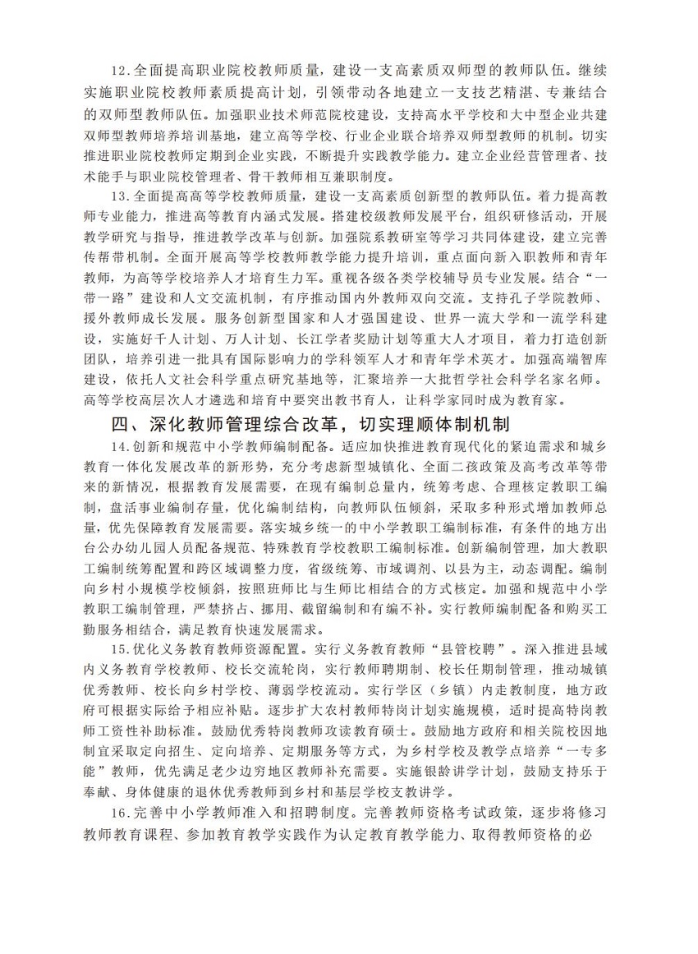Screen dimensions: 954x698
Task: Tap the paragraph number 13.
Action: coord(121,196)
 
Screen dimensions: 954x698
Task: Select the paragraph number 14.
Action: coord(121,447)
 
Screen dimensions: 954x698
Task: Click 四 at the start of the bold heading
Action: coord(120,426)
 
